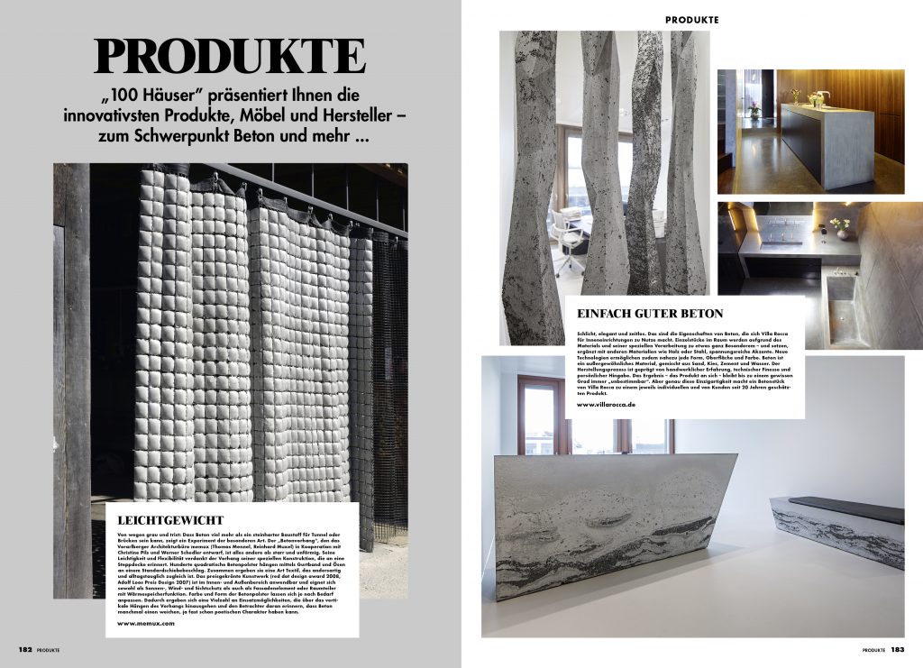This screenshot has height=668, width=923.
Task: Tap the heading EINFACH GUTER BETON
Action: coord(649,314)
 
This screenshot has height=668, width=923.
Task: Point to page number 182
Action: coord(25,648)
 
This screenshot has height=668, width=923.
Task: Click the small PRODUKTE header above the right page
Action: coord(692,19)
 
